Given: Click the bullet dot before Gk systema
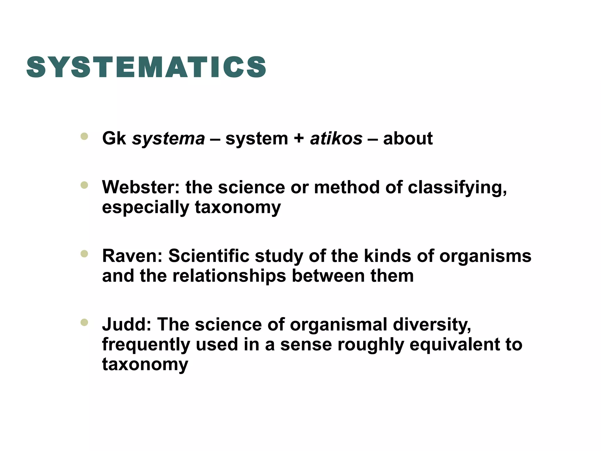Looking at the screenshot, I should pos(84,136).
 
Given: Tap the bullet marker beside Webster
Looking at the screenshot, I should pos(84,185).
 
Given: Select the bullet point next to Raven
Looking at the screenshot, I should pos(84,254).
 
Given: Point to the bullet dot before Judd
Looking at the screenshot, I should pos(84,322).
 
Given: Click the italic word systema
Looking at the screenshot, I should pos(168,139).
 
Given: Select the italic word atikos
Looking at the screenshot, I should pos(336,139).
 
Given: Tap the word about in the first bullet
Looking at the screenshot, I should pos(408,139).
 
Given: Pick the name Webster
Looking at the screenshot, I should pos(141,187).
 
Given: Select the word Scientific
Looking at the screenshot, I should pos(208,256).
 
